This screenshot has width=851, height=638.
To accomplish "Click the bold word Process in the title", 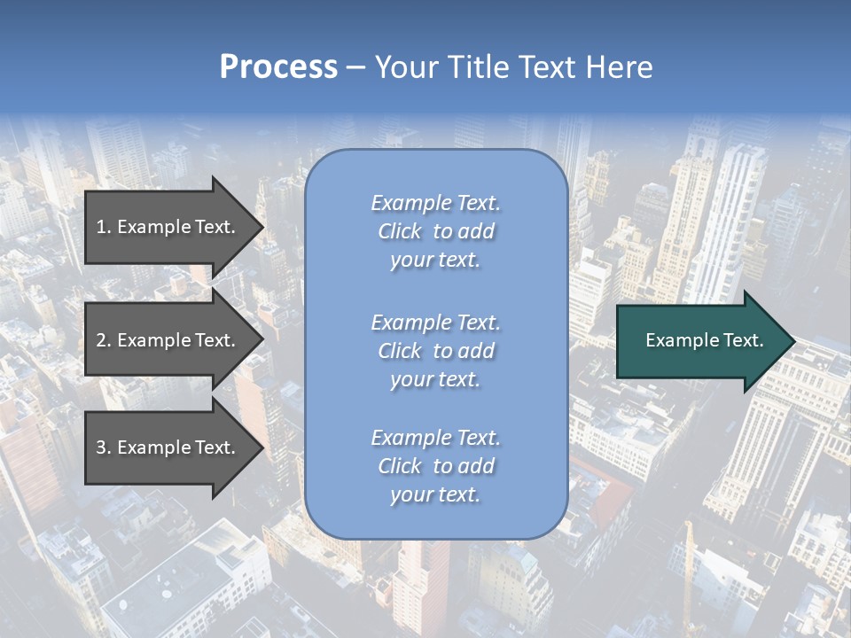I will pos(278,67).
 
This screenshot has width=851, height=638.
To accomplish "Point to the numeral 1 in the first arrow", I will pos(100,227).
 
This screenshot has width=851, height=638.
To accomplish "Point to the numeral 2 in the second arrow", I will pos(100,340).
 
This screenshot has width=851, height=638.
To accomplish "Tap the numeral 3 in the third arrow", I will pos(100,447).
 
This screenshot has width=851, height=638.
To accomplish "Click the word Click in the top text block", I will pos(400,232).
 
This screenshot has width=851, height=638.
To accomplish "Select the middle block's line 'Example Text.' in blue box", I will pos(435,323).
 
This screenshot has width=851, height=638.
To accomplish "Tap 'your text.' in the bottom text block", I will pos(435,494).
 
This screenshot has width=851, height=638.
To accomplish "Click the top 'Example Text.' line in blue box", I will pos(435,203).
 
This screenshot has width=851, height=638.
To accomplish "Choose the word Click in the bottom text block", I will pos(400,466).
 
